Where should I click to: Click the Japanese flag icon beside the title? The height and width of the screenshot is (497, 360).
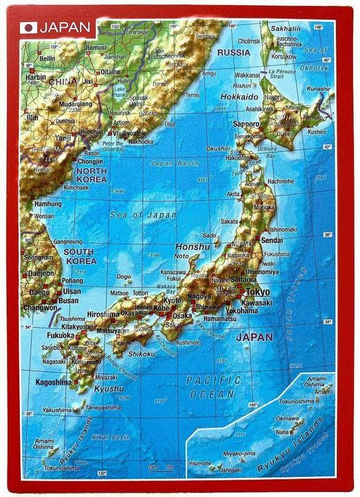coord(28,28)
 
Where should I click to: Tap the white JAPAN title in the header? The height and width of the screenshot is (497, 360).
coord(65,28)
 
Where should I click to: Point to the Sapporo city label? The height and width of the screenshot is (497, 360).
coord(247,124)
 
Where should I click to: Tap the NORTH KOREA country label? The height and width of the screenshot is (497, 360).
coord(92,175)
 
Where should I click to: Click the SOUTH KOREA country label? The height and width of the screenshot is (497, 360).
coord(79,256)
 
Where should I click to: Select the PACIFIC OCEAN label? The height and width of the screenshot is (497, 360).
coord(214,387)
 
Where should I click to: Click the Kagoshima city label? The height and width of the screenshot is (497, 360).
coord(54,382)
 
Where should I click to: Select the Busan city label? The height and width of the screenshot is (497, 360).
coord(68,300)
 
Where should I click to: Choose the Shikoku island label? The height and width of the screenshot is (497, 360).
coord(141,354)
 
